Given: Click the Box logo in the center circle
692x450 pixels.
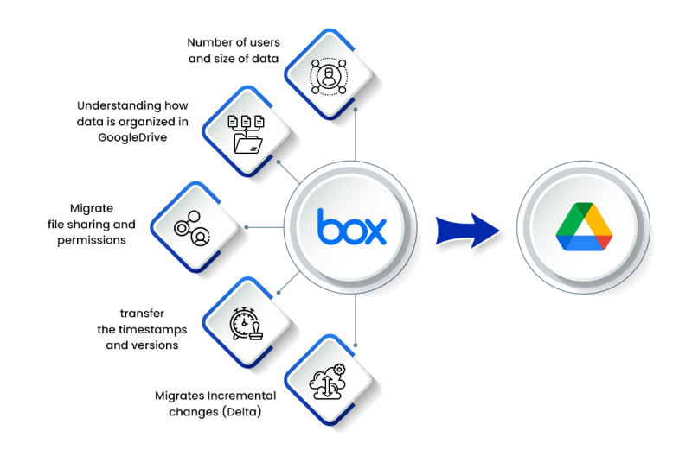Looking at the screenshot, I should (x=351, y=226).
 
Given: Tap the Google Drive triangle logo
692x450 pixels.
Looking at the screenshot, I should (x=582, y=227).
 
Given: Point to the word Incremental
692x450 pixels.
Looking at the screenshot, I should (x=239, y=396).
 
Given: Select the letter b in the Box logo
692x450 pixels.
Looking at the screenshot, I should (x=328, y=225).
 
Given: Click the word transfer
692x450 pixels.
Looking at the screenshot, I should (x=142, y=314).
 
